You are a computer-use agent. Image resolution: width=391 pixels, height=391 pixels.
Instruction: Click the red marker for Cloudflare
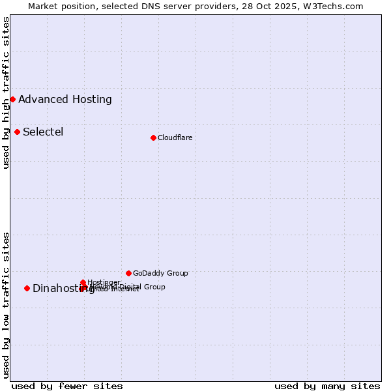click(x=153, y=138)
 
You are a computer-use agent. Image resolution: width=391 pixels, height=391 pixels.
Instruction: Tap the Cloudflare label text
click(x=175, y=138)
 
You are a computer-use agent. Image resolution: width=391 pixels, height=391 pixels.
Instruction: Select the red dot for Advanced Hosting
click(x=12, y=99)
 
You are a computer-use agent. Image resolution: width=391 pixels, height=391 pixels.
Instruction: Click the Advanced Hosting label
click(x=65, y=100)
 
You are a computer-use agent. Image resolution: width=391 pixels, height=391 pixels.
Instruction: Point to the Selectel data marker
click(x=17, y=132)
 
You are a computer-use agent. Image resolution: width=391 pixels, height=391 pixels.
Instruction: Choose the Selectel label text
click(x=43, y=132)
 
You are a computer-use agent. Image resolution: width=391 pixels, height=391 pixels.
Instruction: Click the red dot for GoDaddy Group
click(x=128, y=273)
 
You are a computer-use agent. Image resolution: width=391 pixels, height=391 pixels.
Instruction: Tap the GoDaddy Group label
click(x=160, y=274)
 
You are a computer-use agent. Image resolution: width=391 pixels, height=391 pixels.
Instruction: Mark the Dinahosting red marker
click(x=27, y=288)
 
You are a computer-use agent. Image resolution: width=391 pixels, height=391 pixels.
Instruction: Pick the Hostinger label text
click(x=104, y=282)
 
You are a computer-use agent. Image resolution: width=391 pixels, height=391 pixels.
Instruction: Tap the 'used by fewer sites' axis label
click(x=67, y=386)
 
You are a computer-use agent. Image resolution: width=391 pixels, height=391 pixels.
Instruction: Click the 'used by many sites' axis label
click(x=327, y=386)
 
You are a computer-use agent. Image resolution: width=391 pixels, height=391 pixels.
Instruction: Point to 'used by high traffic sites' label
click(x=6, y=93)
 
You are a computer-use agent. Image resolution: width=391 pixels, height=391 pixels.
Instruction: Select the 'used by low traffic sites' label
click(x=6, y=305)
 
